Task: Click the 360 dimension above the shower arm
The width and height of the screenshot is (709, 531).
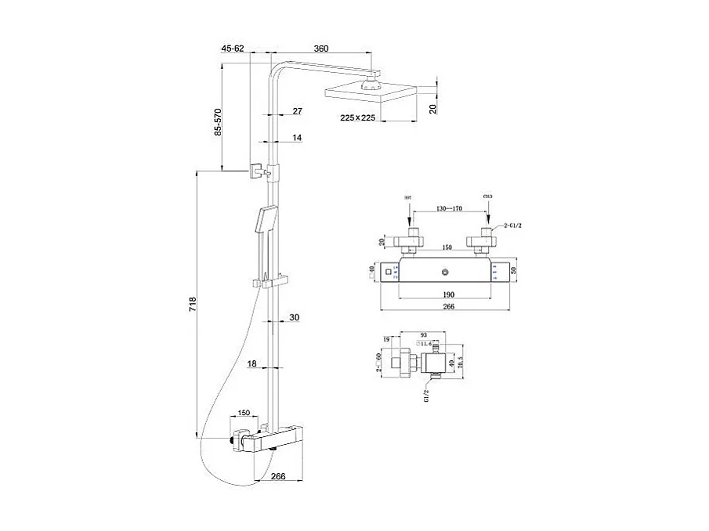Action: [321, 49]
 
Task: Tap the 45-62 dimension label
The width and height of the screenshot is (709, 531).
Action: [233, 49]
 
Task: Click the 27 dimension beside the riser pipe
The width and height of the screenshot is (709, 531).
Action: [298, 111]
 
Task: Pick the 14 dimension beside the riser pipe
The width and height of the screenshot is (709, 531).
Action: [298, 138]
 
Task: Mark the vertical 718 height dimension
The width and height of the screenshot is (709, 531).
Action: [191, 304]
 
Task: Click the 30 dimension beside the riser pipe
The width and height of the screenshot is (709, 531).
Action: [295, 317]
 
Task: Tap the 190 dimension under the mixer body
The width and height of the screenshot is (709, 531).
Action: [447, 294]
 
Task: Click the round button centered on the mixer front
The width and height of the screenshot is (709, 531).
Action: [446, 272]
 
